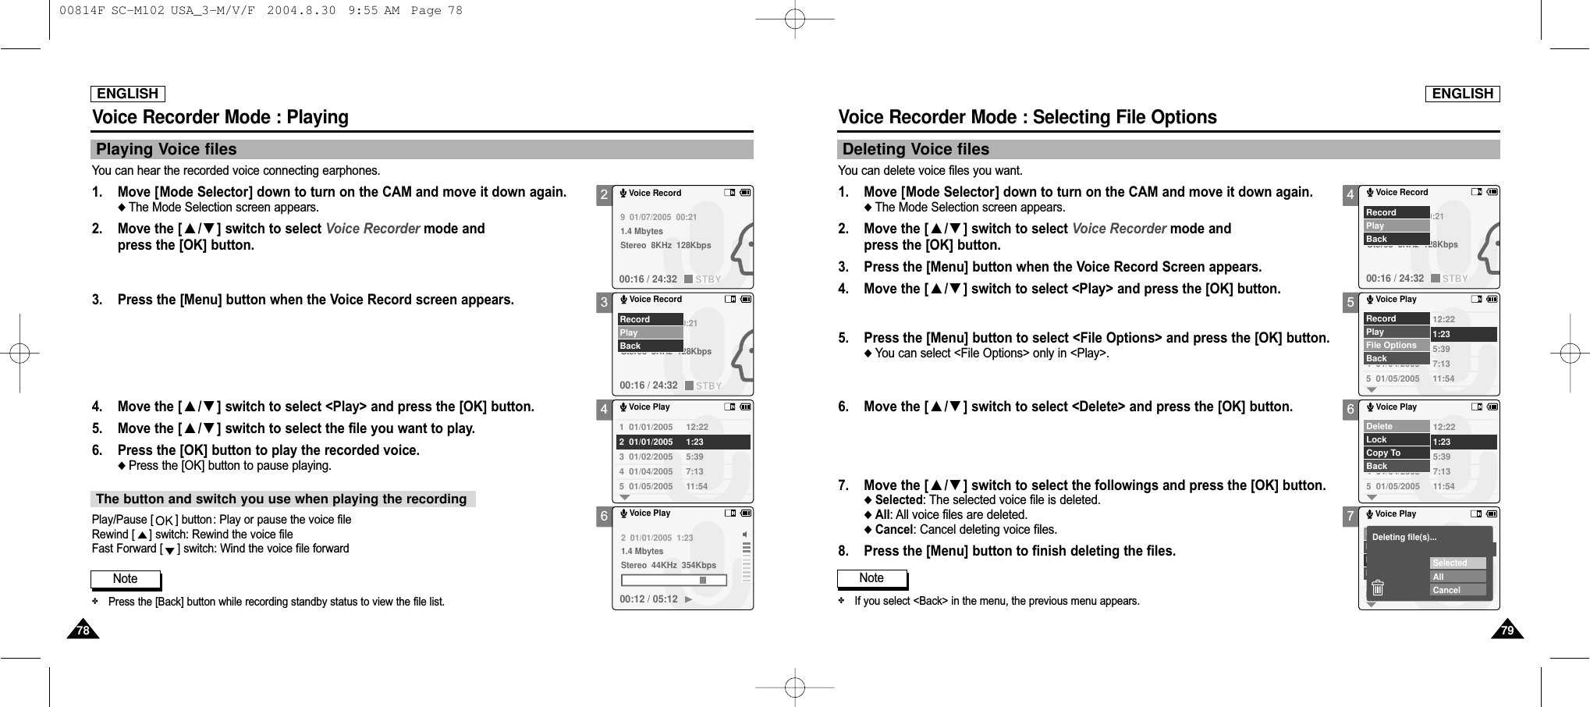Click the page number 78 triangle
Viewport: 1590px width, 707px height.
83,630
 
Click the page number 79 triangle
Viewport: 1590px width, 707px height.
1507,630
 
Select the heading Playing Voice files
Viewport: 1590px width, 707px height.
166,150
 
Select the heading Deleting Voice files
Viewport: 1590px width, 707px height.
915,150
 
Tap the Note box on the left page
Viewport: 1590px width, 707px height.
126,579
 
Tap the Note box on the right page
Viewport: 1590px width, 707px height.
871,578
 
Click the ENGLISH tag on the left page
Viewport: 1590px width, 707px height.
128,94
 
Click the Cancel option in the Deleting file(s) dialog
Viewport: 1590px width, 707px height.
1457,591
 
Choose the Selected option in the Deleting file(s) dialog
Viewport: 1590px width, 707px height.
1457,563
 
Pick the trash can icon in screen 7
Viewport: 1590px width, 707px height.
1378,588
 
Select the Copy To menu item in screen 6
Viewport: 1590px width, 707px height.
1396,453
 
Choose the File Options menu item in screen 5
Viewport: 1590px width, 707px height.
1396,345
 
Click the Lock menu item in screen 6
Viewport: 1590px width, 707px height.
1396,439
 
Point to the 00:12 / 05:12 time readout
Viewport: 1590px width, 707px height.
648,599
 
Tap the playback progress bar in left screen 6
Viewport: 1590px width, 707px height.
674,580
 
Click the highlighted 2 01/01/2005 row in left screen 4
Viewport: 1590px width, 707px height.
683,442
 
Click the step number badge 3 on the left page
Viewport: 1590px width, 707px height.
604,303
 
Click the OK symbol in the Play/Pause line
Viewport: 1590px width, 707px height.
164,520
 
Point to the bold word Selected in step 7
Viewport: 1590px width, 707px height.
898,500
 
